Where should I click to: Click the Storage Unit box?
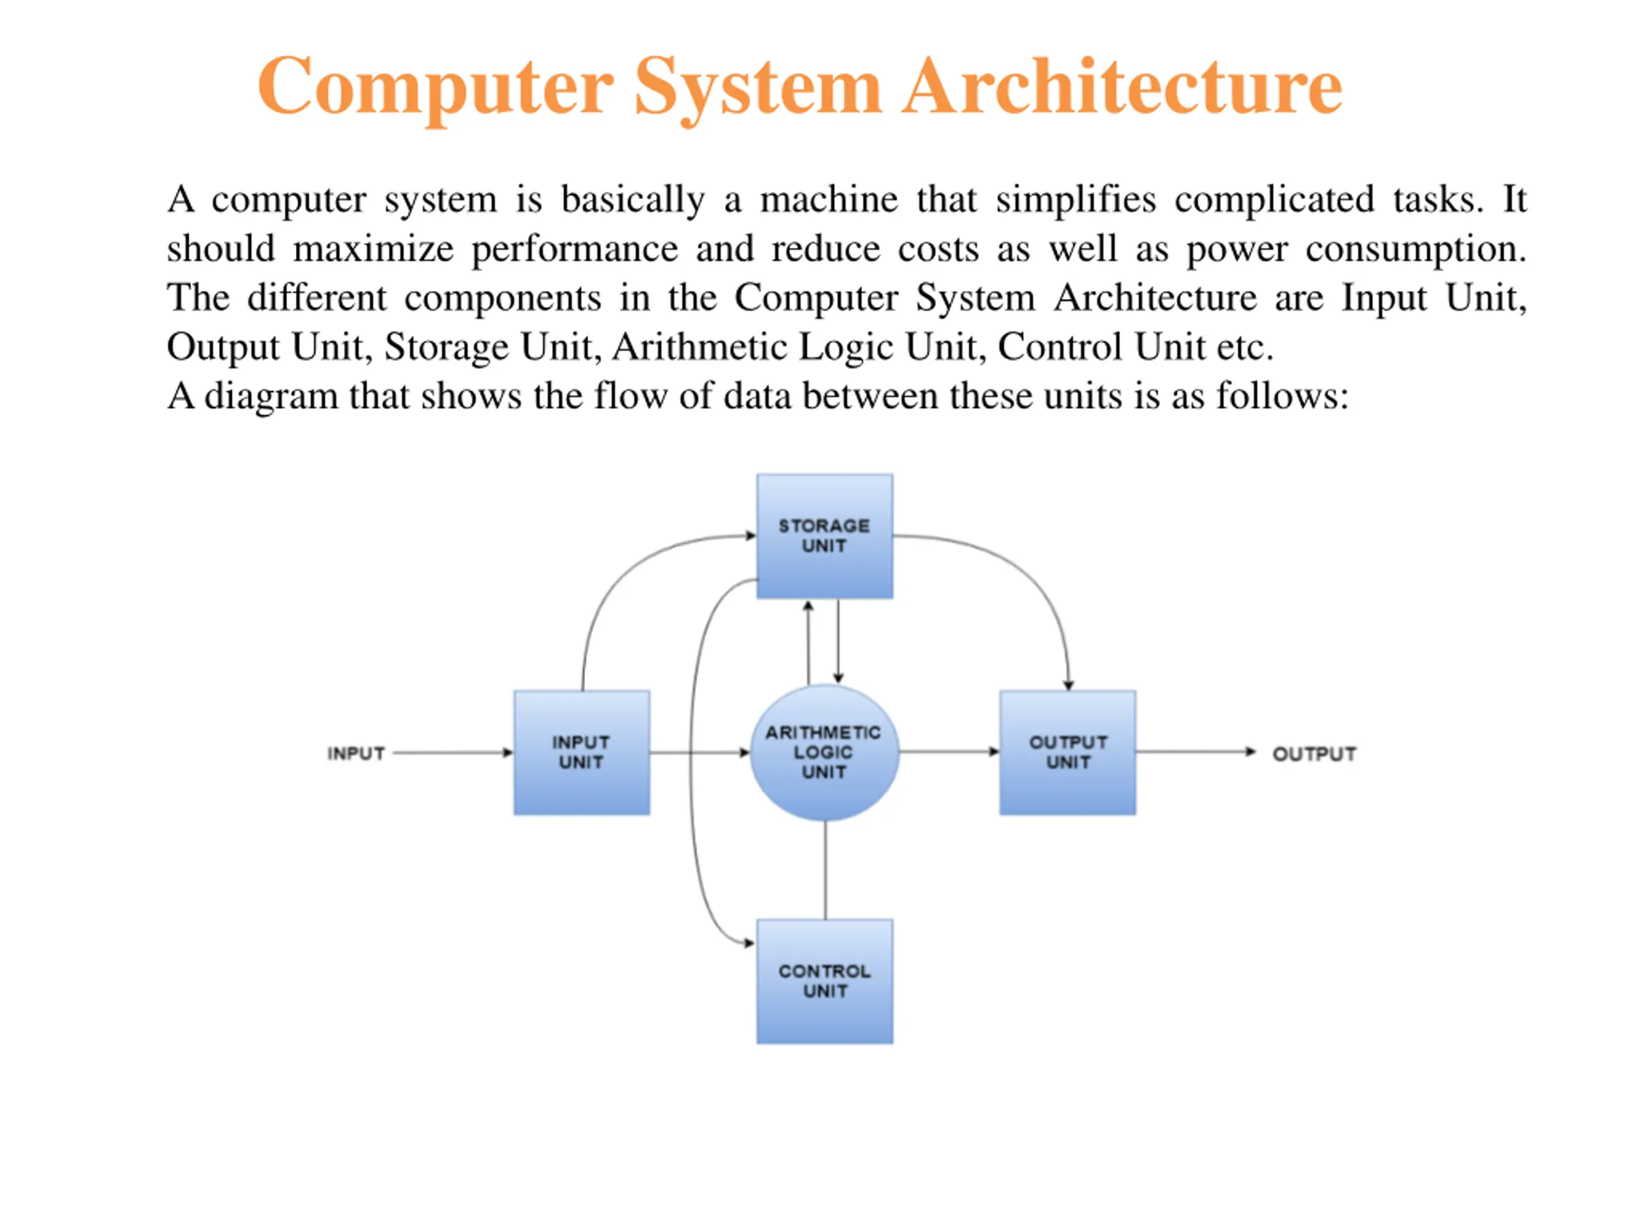pyautogui.click(x=824, y=536)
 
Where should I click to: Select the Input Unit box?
pyautogui.click(x=582, y=753)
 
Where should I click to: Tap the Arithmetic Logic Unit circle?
pyautogui.click(x=824, y=753)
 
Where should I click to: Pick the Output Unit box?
pyautogui.click(x=1068, y=753)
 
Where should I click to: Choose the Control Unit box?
pyautogui.click(x=824, y=981)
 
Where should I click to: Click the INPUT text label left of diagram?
pyautogui.click(x=356, y=753)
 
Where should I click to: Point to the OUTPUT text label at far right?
pyautogui.click(x=1315, y=754)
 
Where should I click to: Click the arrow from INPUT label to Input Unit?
pyautogui.click(x=453, y=753)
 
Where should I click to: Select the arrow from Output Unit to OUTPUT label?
pyautogui.click(x=1196, y=752)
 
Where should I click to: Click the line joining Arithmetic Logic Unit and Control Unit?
pyautogui.click(x=825, y=871)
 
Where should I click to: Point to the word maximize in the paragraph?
pyautogui.click(x=373, y=249)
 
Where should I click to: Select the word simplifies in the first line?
pyautogui.click(x=1076, y=199)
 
